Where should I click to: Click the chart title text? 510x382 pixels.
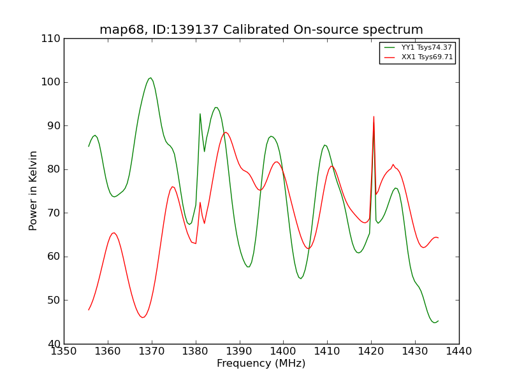point(261,30)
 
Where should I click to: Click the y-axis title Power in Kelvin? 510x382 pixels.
point(34,190)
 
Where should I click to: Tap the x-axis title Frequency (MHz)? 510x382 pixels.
point(261,364)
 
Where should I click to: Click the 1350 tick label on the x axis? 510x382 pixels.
point(64,351)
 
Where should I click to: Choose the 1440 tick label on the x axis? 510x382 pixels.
point(459,351)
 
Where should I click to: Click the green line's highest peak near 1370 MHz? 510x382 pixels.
point(150,78)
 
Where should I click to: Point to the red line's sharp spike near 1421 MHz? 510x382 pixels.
point(374,117)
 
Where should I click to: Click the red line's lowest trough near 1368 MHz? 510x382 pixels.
point(143,317)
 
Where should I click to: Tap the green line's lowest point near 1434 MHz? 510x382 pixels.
point(434,323)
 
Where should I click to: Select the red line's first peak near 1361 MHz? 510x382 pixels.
point(113,233)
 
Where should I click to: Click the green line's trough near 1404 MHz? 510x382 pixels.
point(300,278)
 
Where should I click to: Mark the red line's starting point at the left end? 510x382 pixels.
point(89,309)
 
